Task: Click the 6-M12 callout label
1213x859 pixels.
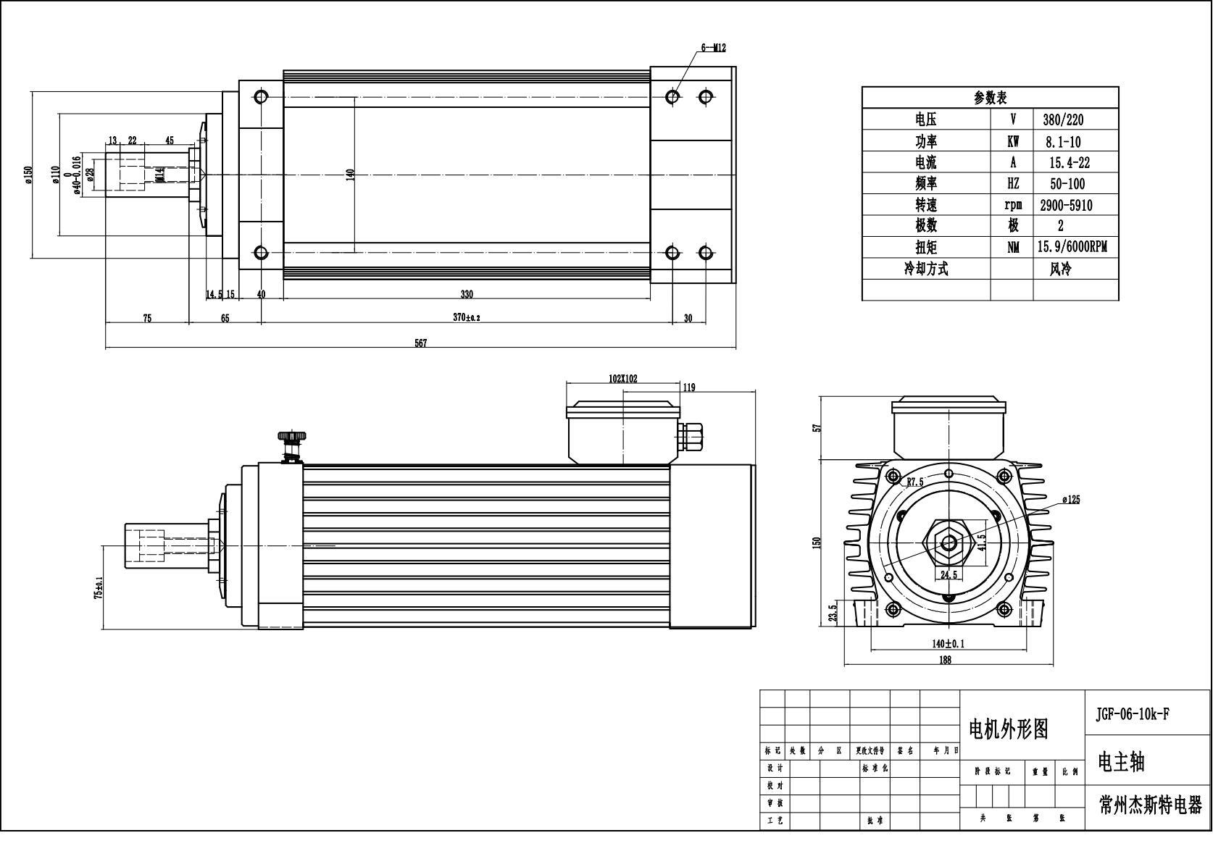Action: pyautogui.click(x=713, y=48)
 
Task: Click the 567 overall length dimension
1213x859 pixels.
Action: pyautogui.click(x=420, y=343)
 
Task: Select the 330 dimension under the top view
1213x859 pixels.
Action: pyautogui.click(x=467, y=294)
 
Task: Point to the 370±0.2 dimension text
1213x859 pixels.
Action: pyautogui.click(x=467, y=318)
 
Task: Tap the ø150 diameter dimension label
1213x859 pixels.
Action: pyautogui.click(x=28, y=175)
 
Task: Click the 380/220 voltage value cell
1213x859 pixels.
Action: pyautogui.click(x=1063, y=120)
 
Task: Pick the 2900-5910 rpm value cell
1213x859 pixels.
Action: pyautogui.click(x=1065, y=205)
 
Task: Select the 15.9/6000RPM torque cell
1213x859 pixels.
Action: pyautogui.click(x=1071, y=247)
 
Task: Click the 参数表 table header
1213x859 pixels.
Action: pyautogui.click(x=990, y=97)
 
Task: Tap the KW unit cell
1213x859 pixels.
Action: pyautogui.click(x=1012, y=141)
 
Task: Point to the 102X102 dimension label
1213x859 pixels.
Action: pyautogui.click(x=623, y=379)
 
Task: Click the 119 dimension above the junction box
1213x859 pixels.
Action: pyautogui.click(x=688, y=387)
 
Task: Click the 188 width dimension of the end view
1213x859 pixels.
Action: pyautogui.click(x=945, y=659)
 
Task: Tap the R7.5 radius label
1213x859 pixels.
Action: pyautogui.click(x=914, y=481)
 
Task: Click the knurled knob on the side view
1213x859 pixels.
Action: pyautogui.click(x=291, y=437)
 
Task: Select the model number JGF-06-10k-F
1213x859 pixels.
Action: pyautogui.click(x=1132, y=714)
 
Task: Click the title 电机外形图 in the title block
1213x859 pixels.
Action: pyautogui.click(x=1008, y=729)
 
